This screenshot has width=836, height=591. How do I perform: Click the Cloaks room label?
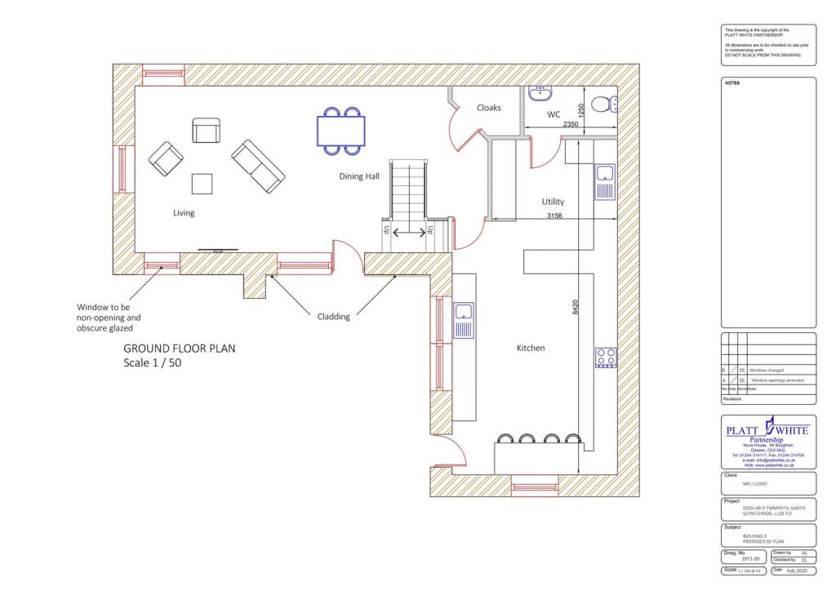(x=489, y=108)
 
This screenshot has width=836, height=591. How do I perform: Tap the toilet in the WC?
(x=603, y=104)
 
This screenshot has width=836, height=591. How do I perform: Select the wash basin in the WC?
(x=541, y=92)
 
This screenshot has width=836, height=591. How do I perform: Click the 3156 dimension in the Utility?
(x=558, y=216)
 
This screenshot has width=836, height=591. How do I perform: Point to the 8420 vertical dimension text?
(x=575, y=308)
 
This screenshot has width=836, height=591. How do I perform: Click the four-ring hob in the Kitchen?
(x=606, y=357)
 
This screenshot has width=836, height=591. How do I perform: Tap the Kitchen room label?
(x=530, y=348)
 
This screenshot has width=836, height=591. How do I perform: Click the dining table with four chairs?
(x=341, y=131)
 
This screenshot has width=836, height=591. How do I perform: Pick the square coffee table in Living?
(x=202, y=184)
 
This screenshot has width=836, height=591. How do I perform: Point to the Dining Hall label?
(x=359, y=176)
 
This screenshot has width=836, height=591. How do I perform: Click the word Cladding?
(x=333, y=317)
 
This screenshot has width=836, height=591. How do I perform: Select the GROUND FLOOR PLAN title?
(x=179, y=348)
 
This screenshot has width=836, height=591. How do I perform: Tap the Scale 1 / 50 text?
(x=152, y=362)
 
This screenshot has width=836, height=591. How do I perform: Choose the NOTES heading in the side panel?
(x=732, y=83)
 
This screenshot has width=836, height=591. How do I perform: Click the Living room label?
(x=184, y=213)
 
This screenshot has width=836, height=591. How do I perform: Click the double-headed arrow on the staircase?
(x=410, y=233)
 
